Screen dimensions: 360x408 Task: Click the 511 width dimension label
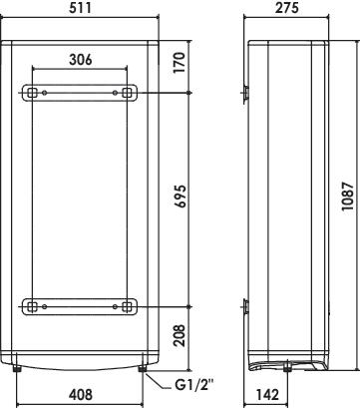pos(80,8)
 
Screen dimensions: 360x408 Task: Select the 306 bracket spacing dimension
pos(80,60)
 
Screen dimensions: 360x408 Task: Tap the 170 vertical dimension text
pos(179,62)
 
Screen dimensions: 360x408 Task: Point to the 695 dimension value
pos(180,197)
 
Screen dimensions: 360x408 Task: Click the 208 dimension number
pos(180,336)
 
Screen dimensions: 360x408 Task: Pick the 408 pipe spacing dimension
pos(80,394)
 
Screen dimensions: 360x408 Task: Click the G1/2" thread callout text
pos(193,386)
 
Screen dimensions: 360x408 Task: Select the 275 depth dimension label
pos(287,8)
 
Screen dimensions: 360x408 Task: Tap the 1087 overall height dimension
pos(348,196)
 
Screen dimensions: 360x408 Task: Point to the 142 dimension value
pos(267,394)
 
